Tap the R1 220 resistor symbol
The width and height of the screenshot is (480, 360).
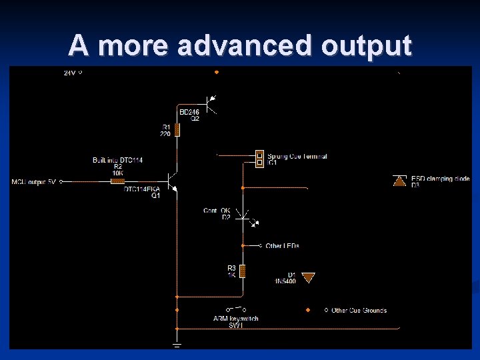pos(177,129)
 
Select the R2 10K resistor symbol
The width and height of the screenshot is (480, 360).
pos(117,181)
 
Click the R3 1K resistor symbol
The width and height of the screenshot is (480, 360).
pos(243,271)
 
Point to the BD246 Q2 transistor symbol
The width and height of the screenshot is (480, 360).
pos(211,103)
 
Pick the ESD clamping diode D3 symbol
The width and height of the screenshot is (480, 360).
pos(399,180)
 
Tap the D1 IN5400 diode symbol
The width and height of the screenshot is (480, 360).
pos(307,277)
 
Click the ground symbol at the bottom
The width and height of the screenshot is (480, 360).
pos(177,345)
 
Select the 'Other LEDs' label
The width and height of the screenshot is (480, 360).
pos(282,246)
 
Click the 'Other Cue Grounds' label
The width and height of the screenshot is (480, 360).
pos(359,310)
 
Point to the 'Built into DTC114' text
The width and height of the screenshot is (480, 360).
pos(117,160)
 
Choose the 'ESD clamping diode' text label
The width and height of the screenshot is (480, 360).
pos(441,179)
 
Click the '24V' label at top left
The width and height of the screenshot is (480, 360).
pos(70,72)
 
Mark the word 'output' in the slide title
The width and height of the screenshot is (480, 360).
pos(367,45)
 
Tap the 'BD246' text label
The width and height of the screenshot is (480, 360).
pos(189,112)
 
